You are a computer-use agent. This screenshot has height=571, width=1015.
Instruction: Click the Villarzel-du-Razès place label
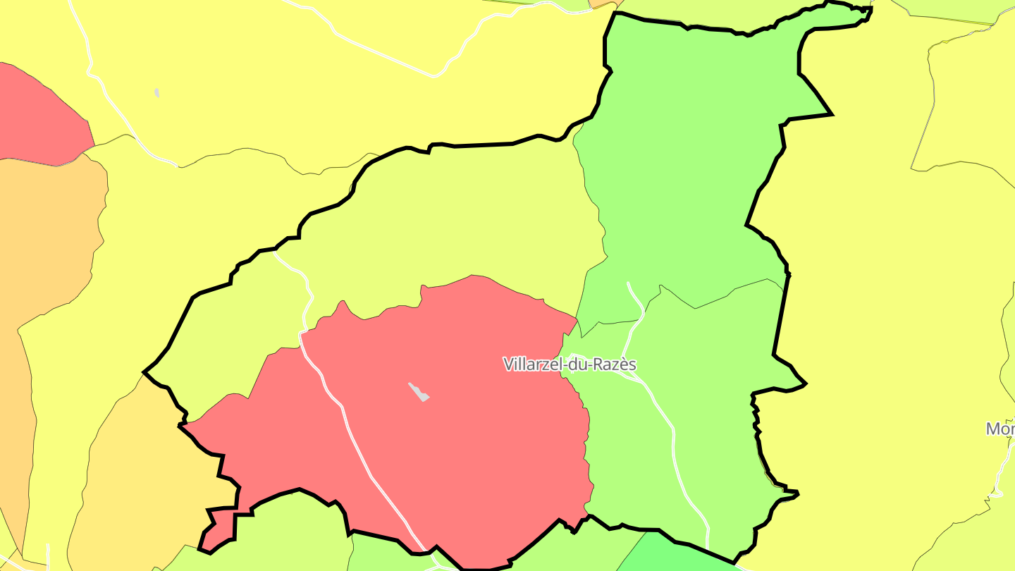coord(570,364)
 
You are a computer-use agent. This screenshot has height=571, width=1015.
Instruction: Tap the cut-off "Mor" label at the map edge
coord(1000,429)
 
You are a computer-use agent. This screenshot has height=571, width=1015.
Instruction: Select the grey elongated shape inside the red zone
coord(419,392)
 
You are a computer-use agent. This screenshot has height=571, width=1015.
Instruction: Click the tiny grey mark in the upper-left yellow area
coord(156,92)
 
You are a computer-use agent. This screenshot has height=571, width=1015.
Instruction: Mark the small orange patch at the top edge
coord(600,4)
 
